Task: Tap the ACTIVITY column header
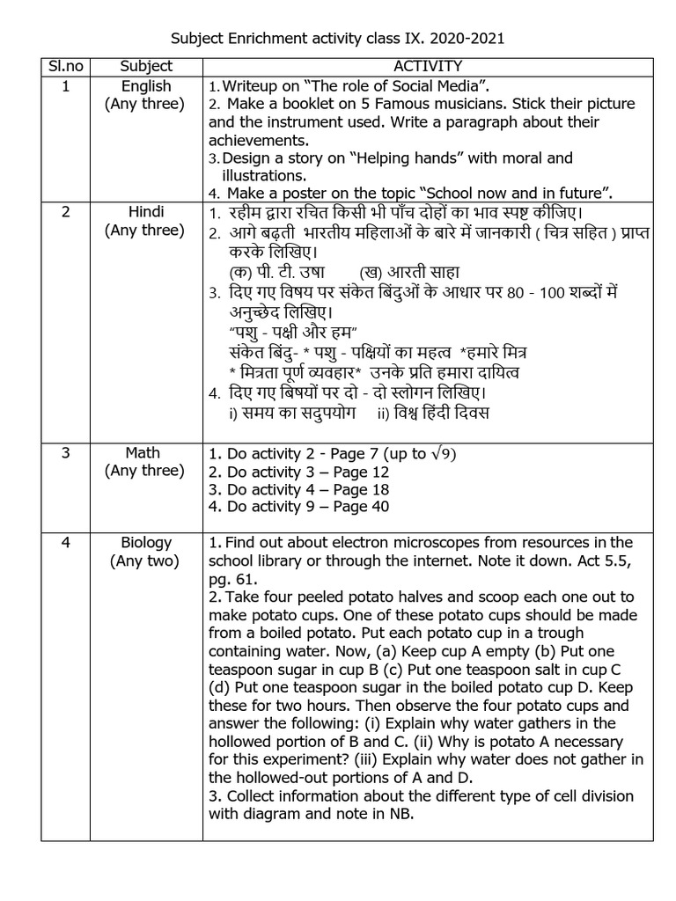point(428,67)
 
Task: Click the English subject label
point(146,86)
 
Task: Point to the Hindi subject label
point(146,212)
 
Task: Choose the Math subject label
point(143,453)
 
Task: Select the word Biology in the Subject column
point(146,542)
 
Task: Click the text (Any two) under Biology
point(144,560)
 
